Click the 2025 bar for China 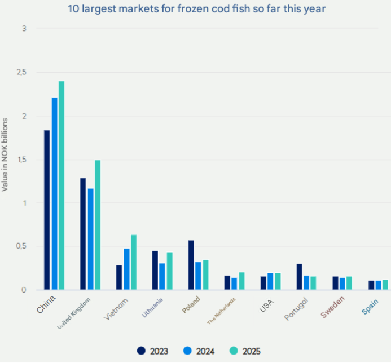tap(61, 185)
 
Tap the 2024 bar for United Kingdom tap(91, 239)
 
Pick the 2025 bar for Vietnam tap(134, 262)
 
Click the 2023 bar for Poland tap(191, 265)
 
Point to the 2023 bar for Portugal tap(300, 277)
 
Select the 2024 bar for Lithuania tap(162, 276)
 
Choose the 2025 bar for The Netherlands tap(241, 281)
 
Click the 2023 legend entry tap(153, 351)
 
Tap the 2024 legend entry tap(199, 351)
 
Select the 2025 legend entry tap(244, 351)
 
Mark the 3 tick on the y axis tap(24, 28)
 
